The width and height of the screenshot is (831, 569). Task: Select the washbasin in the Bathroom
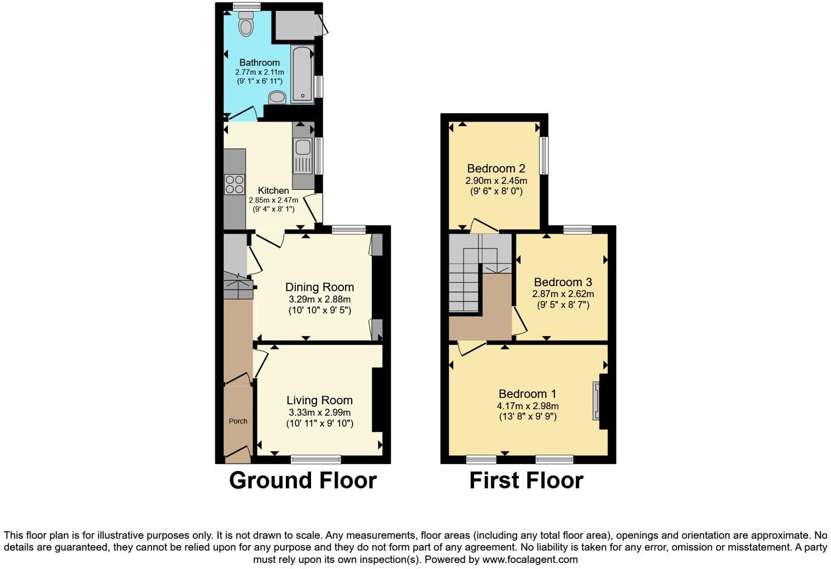coord(277,97)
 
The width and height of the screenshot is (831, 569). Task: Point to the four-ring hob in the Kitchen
coord(235,184)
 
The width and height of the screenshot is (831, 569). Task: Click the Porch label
coord(238,421)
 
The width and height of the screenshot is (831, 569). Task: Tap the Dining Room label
coord(319,287)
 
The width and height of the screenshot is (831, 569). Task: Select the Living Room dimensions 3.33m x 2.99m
coord(319,413)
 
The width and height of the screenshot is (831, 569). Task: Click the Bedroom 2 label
coord(491,169)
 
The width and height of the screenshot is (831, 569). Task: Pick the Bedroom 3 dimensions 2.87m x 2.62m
coord(563,294)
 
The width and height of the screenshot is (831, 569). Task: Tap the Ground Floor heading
coord(302,480)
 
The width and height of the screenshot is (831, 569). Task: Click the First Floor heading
coord(526,480)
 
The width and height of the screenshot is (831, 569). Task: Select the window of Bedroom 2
coord(543,155)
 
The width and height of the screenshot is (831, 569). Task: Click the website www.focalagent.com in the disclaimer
coord(529,559)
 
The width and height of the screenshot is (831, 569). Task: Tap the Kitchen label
coord(273,190)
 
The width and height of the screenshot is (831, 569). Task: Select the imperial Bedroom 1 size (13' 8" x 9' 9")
coord(528,416)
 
